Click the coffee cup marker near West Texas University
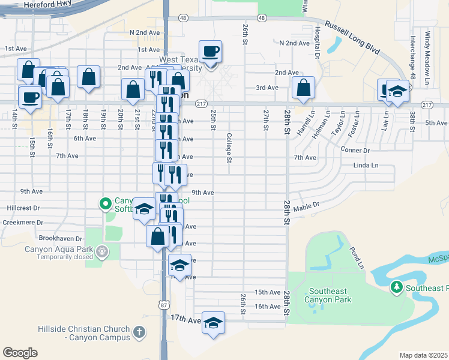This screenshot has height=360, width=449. [x=210, y=52]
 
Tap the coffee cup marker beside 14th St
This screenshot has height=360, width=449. [x=30, y=97]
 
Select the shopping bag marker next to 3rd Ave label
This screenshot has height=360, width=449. [x=304, y=88]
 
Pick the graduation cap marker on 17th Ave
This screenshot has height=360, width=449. [x=213, y=323]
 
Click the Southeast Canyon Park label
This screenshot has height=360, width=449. [x=327, y=295]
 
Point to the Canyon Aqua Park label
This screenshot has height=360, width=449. [x=59, y=250]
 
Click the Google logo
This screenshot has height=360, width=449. [x=20, y=352]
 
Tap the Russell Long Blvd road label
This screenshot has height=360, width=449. [x=353, y=38]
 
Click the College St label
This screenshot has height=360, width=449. [x=229, y=148]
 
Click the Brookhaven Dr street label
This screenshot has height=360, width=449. [x=58, y=238]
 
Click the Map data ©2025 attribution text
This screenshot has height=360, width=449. [x=423, y=355]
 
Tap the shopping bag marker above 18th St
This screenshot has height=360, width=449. [x=88, y=77]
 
